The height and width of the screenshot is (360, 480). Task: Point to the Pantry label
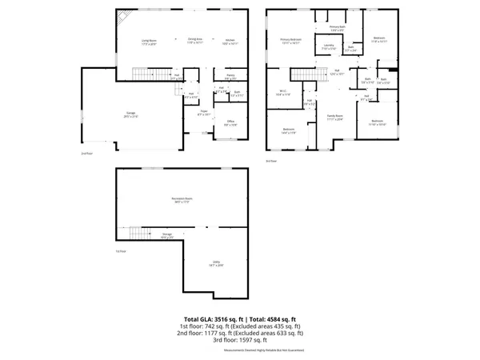(x=230, y=78)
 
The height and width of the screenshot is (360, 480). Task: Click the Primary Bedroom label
(x=290, y=40)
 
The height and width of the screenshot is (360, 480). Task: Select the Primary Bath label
(x=337, y=28)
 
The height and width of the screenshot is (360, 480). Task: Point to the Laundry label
(x=328, y=46)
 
